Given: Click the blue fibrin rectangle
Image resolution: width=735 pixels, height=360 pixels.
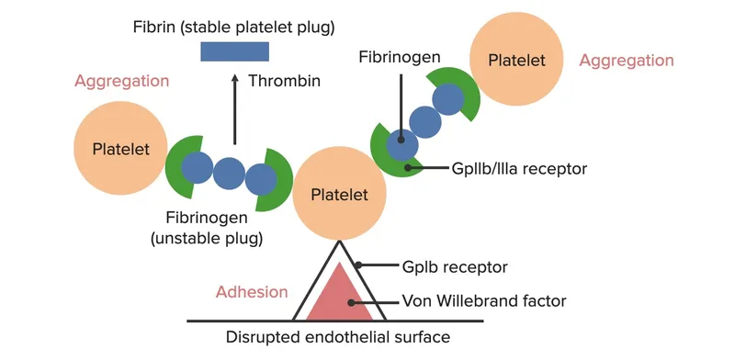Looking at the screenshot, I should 234,51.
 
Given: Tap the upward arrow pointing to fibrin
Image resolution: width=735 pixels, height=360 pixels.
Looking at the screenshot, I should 234,110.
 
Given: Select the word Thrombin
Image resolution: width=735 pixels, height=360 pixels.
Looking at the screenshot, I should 284,81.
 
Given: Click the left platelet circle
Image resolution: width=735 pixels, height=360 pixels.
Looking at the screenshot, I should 115,148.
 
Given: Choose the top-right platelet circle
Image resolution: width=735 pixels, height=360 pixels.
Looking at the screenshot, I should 515,60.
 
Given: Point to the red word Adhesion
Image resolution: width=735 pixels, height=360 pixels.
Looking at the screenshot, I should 251,292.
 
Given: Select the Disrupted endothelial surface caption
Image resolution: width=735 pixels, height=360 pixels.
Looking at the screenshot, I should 337,337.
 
